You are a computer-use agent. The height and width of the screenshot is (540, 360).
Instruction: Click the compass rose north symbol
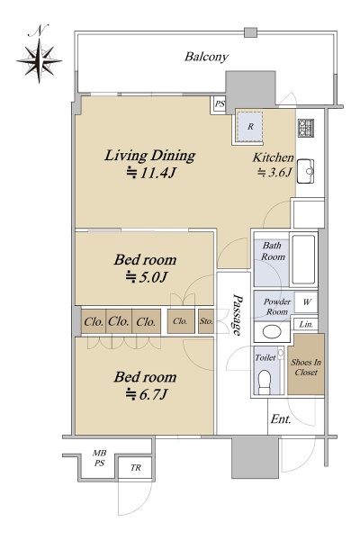point(39,61)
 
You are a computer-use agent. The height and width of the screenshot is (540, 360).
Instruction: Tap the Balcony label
point(206,57)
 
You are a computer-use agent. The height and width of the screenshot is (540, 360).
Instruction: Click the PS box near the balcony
point(219,103)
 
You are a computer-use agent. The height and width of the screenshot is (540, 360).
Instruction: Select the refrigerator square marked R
point(250,126)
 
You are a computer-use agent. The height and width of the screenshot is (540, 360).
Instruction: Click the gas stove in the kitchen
point(306,128)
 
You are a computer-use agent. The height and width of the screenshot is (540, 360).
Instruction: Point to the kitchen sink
point(305,171)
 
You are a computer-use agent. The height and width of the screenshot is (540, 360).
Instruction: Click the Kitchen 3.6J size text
point(275,172)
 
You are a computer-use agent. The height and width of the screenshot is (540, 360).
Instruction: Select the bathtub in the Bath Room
point(303,259)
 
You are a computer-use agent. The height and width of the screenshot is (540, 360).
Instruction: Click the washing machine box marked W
point(306,302)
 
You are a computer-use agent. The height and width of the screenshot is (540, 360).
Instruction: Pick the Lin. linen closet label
point(306,324)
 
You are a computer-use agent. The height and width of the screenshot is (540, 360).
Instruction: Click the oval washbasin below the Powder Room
point(272,331)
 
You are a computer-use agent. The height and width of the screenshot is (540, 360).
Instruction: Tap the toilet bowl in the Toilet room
point(265,382)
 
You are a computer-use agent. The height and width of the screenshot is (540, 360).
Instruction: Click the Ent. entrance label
point(281,419)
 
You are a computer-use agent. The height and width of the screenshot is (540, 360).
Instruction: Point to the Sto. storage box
point(206,321)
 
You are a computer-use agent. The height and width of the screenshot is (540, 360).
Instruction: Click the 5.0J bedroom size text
point(147,277)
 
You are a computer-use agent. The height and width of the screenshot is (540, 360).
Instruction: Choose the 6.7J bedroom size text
point(147,395)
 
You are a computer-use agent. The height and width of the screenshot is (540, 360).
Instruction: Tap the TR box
point(135,468)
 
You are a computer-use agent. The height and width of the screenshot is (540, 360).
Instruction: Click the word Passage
point(237,315)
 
